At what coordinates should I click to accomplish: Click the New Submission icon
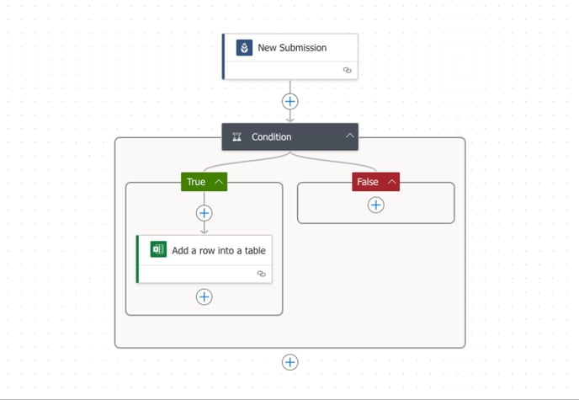coord(244,48)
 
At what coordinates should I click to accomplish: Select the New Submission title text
coord(292,48)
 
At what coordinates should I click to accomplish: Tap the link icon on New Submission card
coord(347,70)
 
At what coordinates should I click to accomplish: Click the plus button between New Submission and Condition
coord(290,101)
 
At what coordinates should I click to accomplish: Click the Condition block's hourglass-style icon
coord(237,137)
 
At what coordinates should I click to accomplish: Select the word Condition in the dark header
coord(271,137)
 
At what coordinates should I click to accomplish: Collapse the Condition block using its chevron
coord(350,136)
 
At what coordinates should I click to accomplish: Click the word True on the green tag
coord(196,182)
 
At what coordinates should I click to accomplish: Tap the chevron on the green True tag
coord(219,182)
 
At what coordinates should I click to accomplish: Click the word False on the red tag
coord(368,182)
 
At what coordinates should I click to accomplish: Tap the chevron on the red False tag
coord(392,182)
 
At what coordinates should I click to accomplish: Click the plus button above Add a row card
coord(205,213)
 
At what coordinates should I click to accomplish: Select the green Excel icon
coord(158,249)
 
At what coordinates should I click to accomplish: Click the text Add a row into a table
coord(219,250)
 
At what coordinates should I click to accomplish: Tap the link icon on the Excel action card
coord(262,274)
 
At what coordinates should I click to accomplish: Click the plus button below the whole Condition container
coord(290,362)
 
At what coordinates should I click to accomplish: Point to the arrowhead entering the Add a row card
coord(205,232)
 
